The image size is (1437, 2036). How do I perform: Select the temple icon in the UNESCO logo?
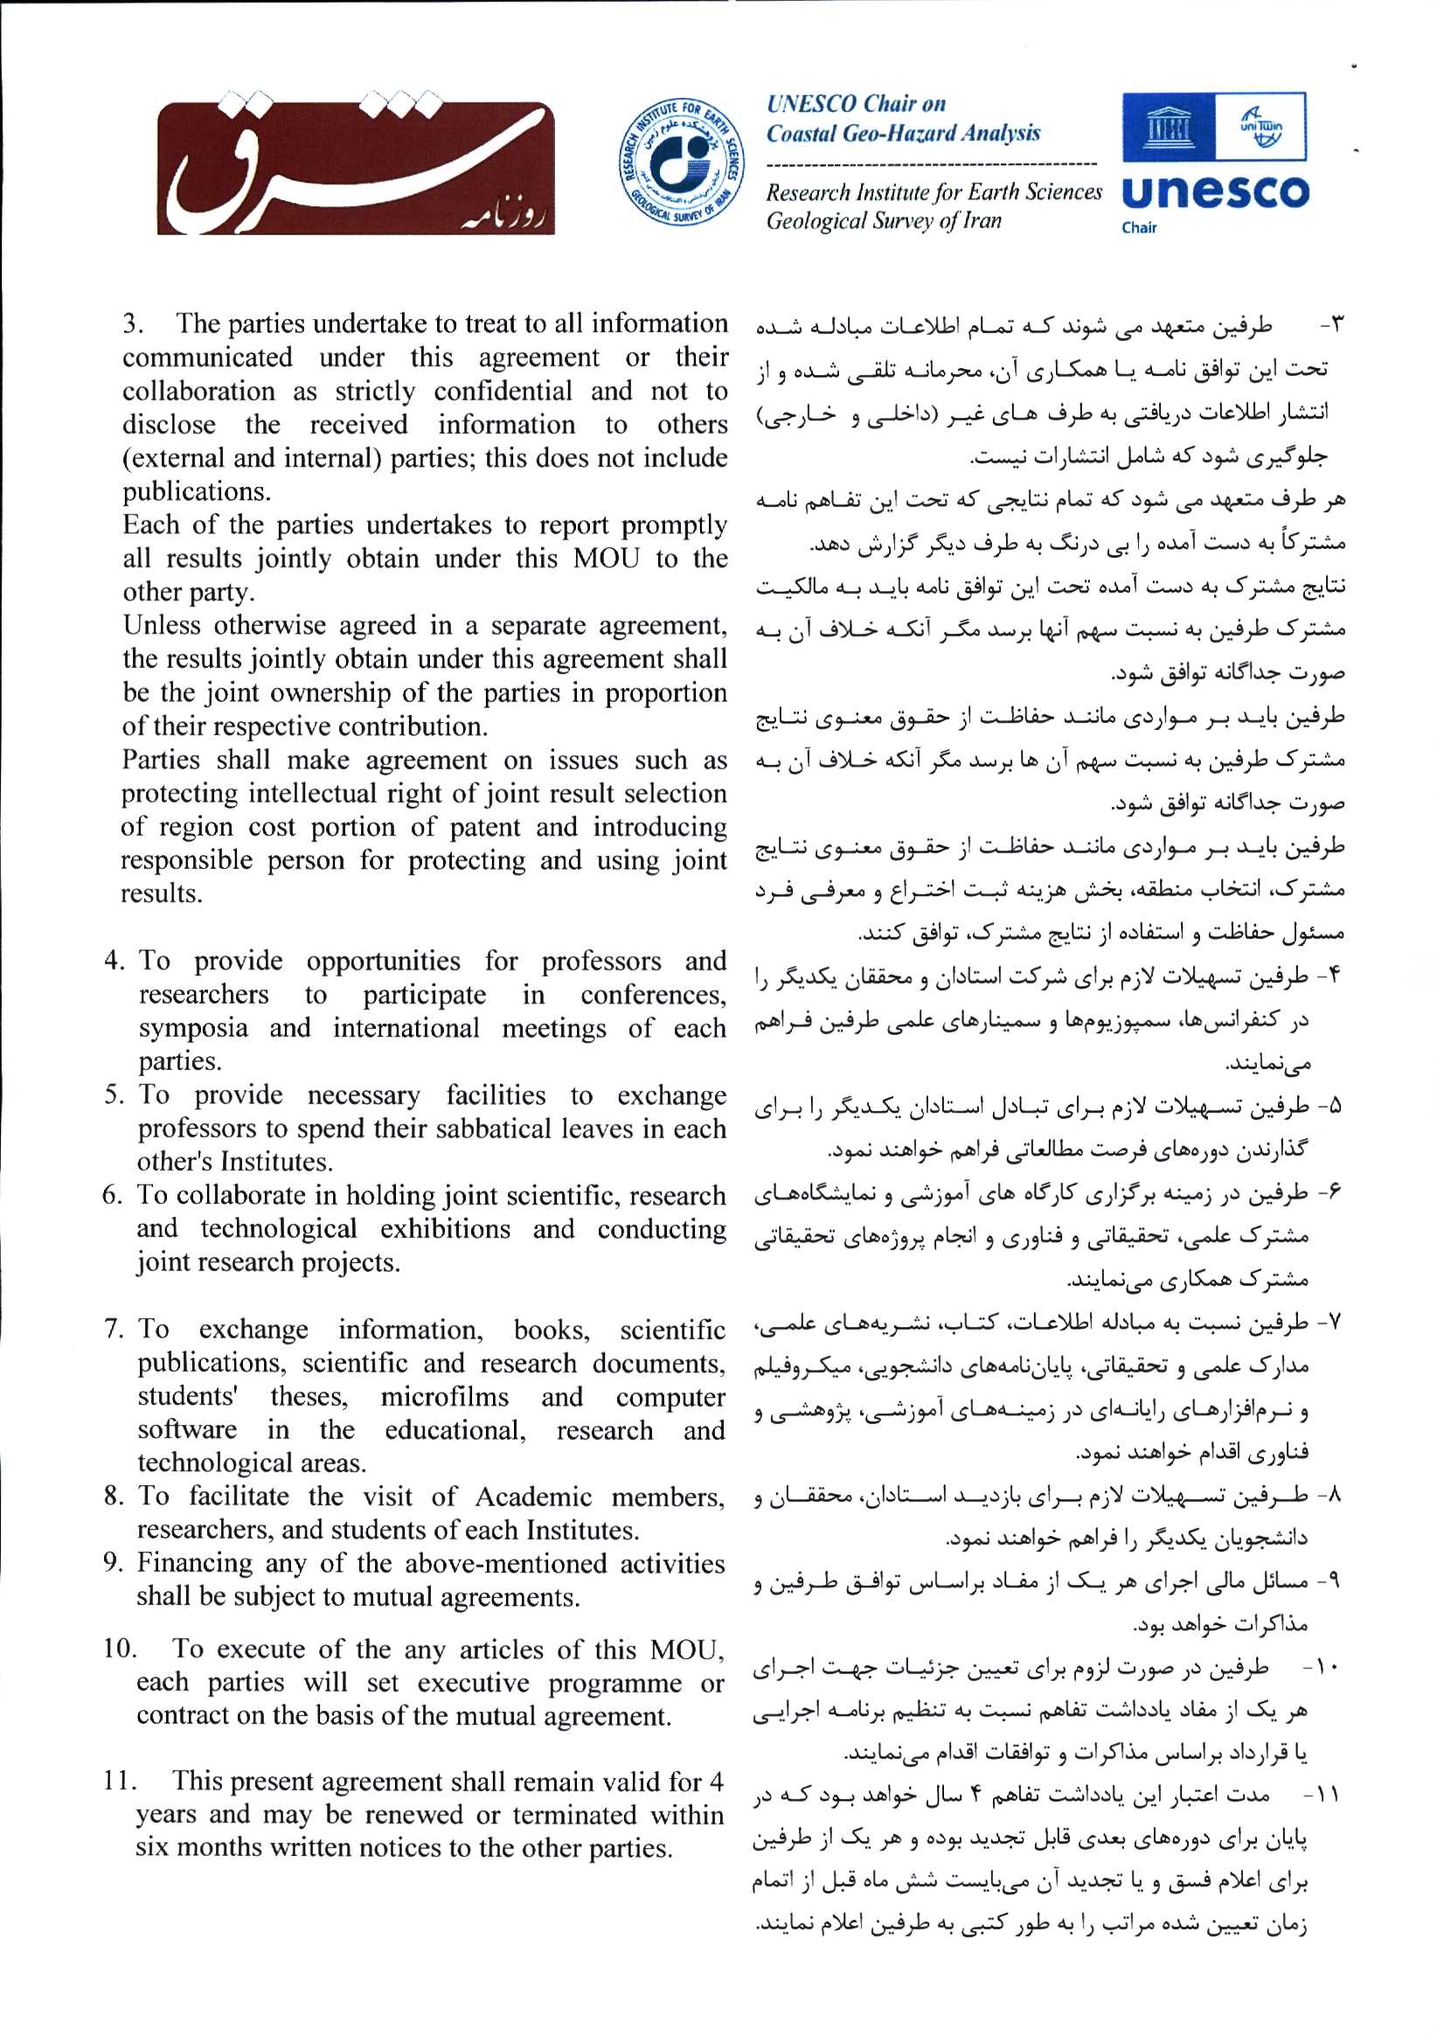pos(1168,129)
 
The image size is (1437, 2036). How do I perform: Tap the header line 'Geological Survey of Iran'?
pos(883,221)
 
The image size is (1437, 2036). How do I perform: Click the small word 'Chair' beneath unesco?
pos(1139,228)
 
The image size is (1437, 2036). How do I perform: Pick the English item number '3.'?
pos(134,323)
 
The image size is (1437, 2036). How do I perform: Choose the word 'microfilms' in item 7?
pos(445,1397)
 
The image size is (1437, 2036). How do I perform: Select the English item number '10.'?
pos(120,1649)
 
